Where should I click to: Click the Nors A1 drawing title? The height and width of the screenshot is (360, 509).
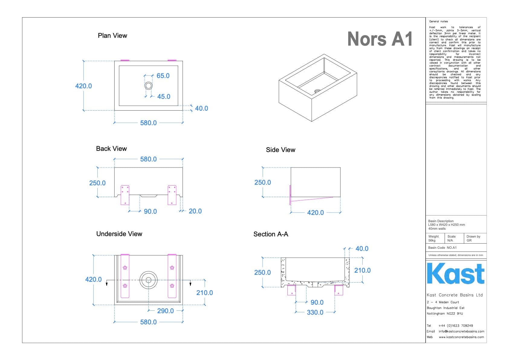[380, 39]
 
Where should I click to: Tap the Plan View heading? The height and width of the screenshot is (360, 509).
[112, 36]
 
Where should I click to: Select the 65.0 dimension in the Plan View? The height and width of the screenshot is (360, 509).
[163, 76]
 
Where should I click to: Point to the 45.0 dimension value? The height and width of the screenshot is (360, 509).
[164, 97]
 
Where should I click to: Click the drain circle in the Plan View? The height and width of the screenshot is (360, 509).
[148, 86]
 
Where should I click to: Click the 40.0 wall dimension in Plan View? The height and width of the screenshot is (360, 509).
[201, 109]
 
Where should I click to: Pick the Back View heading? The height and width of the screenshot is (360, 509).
[111, 149]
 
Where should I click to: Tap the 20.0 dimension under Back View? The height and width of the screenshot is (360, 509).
[195, 211]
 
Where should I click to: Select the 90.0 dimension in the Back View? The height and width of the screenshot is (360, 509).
[150, 212]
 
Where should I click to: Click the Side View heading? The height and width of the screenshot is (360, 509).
[280, 150]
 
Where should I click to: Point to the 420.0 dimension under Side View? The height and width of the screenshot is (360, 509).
[315, 213]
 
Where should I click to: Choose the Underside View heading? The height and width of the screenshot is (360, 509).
[119, 234]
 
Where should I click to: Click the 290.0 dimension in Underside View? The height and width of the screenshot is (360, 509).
[165, 311]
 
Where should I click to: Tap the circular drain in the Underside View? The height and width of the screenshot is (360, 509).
[148, 280]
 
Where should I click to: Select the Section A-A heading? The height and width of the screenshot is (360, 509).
[271, 234]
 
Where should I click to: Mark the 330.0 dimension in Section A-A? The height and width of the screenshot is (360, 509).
[315, 313]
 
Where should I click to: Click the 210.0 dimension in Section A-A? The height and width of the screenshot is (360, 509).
[362, 271]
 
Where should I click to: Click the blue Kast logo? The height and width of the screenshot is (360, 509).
[456, 274]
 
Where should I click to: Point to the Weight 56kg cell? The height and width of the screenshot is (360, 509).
[434, 238]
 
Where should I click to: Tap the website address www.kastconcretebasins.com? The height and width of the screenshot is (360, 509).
[461, 337]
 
